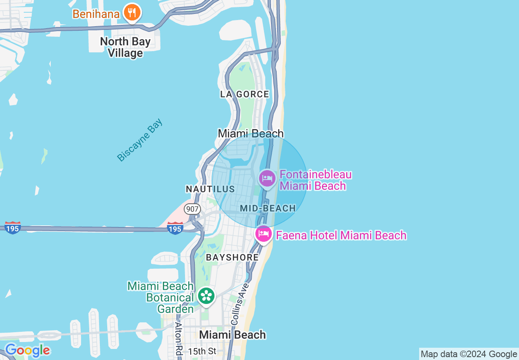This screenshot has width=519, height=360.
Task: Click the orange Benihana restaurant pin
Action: tap(131, 13)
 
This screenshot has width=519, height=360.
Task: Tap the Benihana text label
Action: tap(96, 14)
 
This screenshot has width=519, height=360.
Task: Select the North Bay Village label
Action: tap(125, 47)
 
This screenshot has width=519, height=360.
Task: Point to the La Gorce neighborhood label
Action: tap(245, 94)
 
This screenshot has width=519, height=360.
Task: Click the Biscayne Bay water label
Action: tap(140, 140)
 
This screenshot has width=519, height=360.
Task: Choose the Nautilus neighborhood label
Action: tap(210, 189)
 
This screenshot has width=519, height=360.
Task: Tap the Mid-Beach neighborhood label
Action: tap(268, 208)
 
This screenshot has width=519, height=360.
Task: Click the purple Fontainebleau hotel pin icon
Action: tap(267, 178)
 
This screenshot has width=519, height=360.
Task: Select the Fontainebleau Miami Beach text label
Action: tap(316, 180)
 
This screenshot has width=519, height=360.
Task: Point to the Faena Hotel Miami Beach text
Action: tap(341, 235)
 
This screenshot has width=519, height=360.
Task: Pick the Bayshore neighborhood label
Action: tap(232, 257)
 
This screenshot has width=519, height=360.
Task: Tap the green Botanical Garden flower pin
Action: tap(206, 296)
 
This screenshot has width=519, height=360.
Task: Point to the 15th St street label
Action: tap(202, 351)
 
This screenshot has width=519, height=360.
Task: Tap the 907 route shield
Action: tap(192, 209)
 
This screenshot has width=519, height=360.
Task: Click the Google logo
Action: tap(27, 350)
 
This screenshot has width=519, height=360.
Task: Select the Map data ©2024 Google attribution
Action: tap(469, 354)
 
